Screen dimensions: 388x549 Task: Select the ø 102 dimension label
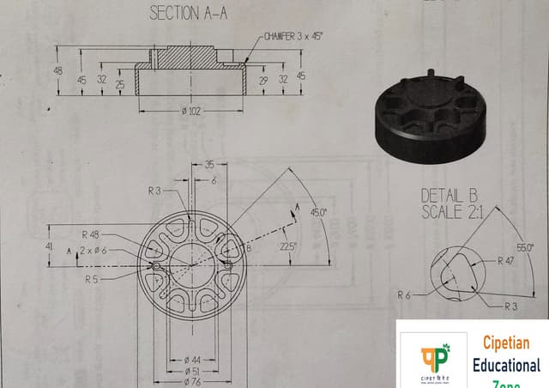[192, 111]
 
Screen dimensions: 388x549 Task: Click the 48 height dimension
[59, 70]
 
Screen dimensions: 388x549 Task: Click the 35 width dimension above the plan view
[208, 164]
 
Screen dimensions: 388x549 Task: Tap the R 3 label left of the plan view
[154, 190]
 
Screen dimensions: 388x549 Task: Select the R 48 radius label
[91, 234]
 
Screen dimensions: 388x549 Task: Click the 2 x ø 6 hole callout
[94, 250]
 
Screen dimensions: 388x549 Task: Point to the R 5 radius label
[92, 279]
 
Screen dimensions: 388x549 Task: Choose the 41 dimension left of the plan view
[48, 246]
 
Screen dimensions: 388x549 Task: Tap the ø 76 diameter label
[192, 380]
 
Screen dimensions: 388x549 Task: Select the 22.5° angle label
[287, 246]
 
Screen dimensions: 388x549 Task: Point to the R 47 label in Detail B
[505, 259]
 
